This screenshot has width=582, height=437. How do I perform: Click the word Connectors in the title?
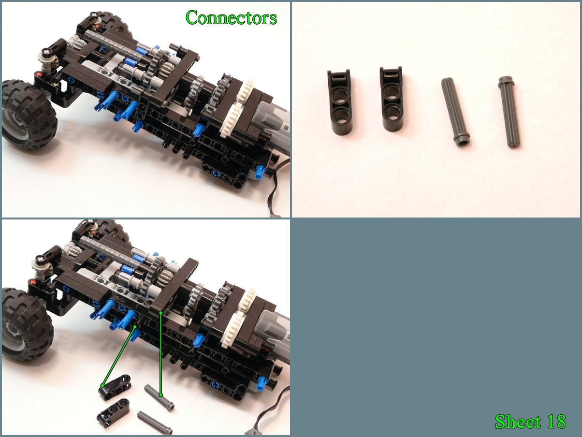pyautogui.click(x=231, y=18)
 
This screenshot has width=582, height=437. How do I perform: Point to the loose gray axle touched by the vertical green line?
pyautogui.click(x=160, y=397)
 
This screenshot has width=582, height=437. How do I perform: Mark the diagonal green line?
pyautogui.click(x=119, y=356)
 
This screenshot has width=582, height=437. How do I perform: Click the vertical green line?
pyautogui.click(x=160, y=354)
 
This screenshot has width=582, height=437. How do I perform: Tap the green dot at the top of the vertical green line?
pyautogui.click(x=160, y=313)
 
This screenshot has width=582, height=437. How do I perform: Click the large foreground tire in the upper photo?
pyautogui.click(x=29, y=117)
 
